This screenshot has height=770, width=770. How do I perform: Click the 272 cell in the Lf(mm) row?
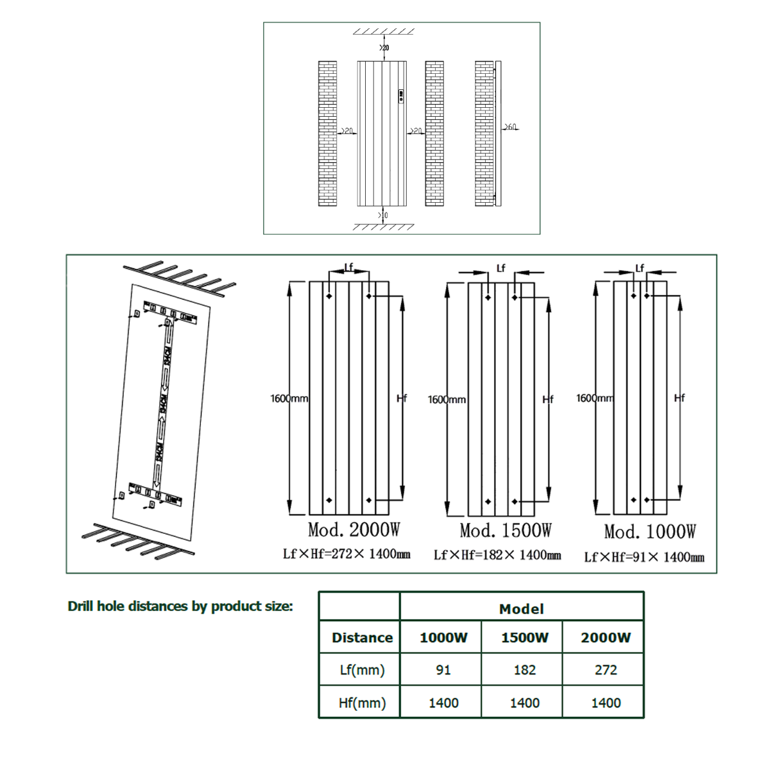[605, 670]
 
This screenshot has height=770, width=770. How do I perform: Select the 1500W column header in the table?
[524, 637]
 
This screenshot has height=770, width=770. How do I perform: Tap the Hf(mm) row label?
[362, 703]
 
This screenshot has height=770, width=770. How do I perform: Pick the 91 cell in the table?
[443, 670]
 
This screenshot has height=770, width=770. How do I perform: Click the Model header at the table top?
[521, 609]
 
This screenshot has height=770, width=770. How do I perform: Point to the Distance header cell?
[362, 637]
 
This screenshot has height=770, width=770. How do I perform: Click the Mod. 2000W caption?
[354, 530]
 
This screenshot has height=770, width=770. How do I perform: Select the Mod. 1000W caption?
[649, 532]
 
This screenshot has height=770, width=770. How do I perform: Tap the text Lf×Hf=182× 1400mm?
[497, 555]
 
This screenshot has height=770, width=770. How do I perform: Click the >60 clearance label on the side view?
[511, 128]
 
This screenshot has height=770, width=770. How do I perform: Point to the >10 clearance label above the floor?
[383, 215]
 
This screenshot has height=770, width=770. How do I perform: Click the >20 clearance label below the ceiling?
[384, 47]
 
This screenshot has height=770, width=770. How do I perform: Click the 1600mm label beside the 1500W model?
[447, 399]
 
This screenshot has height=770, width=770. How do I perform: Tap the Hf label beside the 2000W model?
[402, 398]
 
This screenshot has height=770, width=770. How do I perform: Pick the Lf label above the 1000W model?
[639, 268]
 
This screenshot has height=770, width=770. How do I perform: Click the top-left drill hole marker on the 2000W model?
[329, 296]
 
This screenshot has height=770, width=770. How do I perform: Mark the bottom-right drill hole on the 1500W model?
[515, 501]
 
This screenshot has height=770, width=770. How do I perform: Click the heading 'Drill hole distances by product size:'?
[180, 606]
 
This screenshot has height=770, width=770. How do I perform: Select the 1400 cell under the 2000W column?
[605, 703]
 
